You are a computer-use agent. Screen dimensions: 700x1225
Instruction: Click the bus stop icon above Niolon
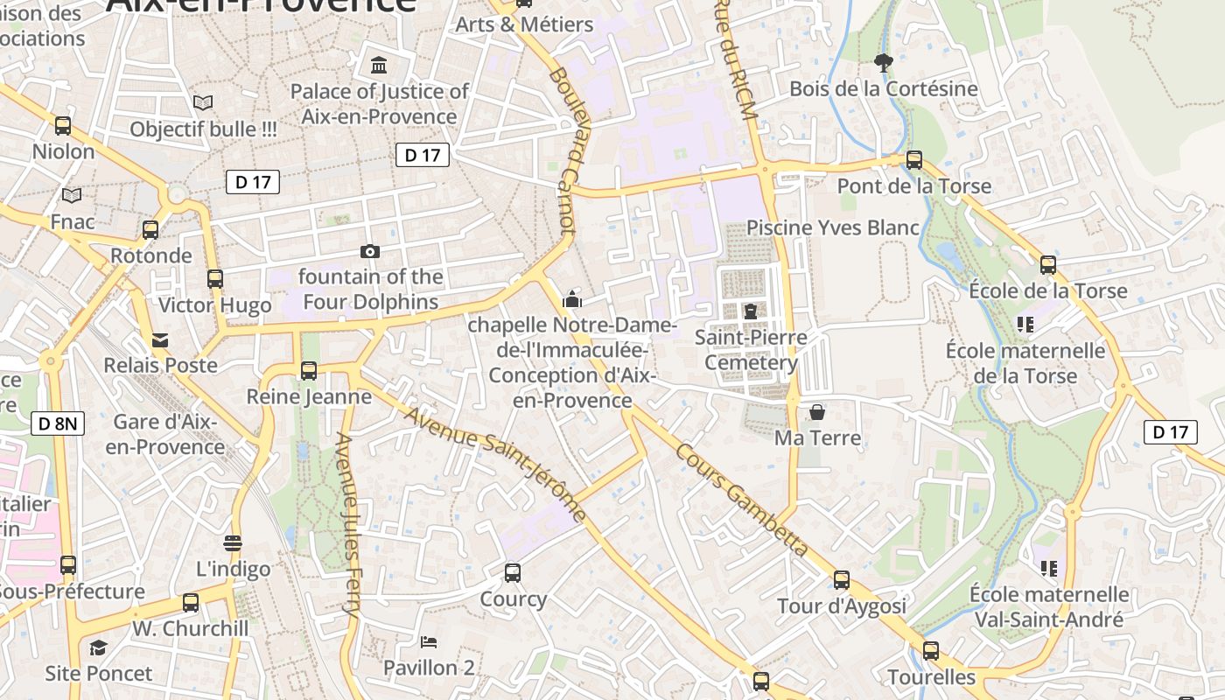click(x=63, y=125)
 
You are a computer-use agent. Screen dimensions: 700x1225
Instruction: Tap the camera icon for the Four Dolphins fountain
click(x=370, y=252)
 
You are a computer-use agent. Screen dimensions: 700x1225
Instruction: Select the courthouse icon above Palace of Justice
click(x=379, y=65)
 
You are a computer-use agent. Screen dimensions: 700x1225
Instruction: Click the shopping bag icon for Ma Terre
click(x=817, y=411)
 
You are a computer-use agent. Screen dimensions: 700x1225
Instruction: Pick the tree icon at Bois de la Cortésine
click(x=884, y=62)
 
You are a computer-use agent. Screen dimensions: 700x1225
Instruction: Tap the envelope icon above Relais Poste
click(x=160, y=339)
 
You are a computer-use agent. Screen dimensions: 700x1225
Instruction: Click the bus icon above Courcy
click(x=513, y=573)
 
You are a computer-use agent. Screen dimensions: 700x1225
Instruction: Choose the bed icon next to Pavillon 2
click(x=429, y=642)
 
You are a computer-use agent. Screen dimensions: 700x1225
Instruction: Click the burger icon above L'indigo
click(x=233, y=543)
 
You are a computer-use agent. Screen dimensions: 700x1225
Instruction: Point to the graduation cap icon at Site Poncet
click(x=98, y=647)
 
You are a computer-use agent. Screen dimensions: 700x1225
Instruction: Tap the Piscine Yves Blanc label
click(x=832, y=227)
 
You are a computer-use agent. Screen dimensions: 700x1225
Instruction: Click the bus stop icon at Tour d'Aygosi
click(x=842, y=579)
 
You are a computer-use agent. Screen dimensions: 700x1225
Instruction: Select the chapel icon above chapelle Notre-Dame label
click(x=572, y=299)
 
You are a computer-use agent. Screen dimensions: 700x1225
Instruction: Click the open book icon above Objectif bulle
click(x=203, y=103)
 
